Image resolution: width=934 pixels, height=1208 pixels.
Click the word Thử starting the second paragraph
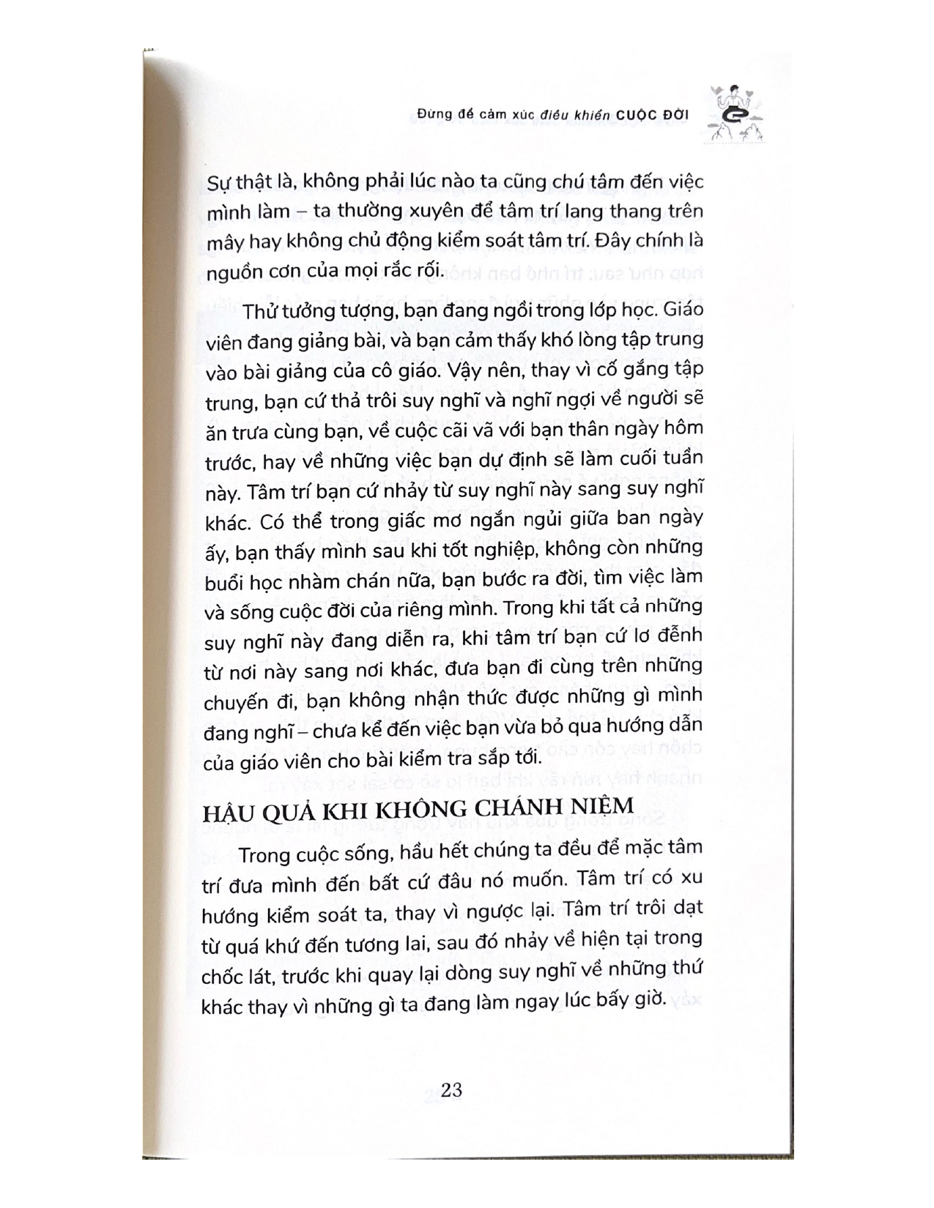coord(259,310)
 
